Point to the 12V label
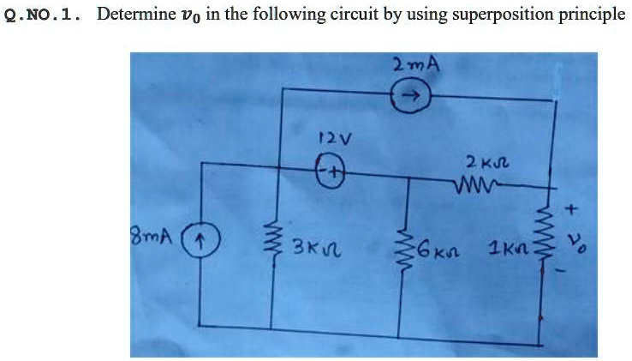[331, 136]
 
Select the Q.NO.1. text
[43, 15]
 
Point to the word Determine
[134, 15]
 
